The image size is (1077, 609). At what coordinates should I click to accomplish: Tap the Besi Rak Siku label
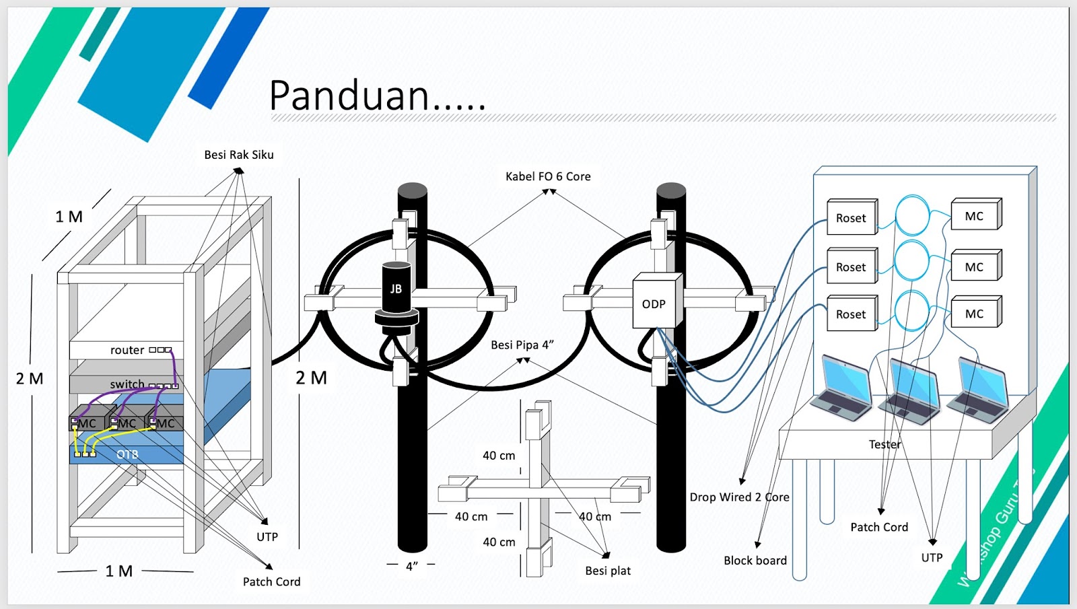(x=239, y=155)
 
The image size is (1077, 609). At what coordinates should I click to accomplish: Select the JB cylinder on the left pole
(x=396, y=289)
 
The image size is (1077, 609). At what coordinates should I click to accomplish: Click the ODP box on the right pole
(x=654, y=303)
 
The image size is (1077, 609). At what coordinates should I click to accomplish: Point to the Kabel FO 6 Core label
(x=548, y=176)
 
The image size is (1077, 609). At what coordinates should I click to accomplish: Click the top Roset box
(x=852, y=217)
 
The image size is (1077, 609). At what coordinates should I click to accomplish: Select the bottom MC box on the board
(x=974, y=314)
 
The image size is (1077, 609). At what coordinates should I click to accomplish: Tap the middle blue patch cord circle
(x=911, y=262)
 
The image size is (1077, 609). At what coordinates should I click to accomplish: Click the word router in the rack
(x=127, y=350)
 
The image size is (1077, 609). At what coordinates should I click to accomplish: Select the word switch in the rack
(x=127, y=384)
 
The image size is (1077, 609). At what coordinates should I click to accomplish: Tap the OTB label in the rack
(x=127, y=454)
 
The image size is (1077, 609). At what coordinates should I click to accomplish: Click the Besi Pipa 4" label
(x=522, y=345)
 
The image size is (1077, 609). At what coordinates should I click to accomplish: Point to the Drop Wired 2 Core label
(x=739, y=497)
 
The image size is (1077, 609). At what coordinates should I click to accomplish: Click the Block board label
(x=755, y=561)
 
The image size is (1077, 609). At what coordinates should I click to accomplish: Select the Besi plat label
(x=608, y=571)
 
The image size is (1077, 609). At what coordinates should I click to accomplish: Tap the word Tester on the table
(x=884, y=444)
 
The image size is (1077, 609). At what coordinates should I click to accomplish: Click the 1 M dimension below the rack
(x=119, y=571)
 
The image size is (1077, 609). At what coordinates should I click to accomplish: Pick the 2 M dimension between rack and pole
(x=311, y=378)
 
